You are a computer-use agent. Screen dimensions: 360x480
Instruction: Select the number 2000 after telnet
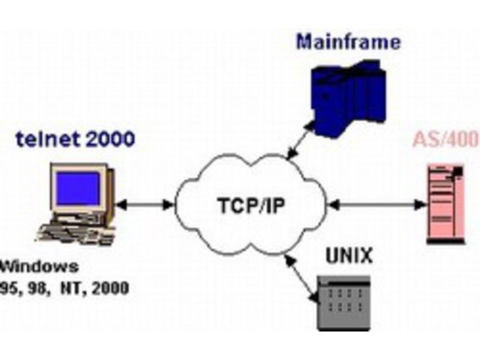tap(95, 140)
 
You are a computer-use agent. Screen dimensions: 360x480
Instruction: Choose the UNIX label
tap(349, 256)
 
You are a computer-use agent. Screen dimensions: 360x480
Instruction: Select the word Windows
tap(40, 266)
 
